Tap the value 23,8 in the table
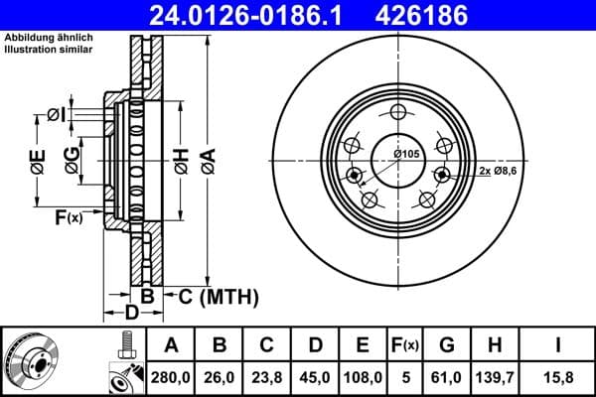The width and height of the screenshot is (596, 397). point(267,376)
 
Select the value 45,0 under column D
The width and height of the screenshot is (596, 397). point(316,376)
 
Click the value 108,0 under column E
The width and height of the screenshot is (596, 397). point(364,376)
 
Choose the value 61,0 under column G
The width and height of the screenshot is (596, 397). point(447,376)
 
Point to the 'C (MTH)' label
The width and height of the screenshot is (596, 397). point(217,296)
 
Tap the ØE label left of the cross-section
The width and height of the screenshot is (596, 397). point(38,161)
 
